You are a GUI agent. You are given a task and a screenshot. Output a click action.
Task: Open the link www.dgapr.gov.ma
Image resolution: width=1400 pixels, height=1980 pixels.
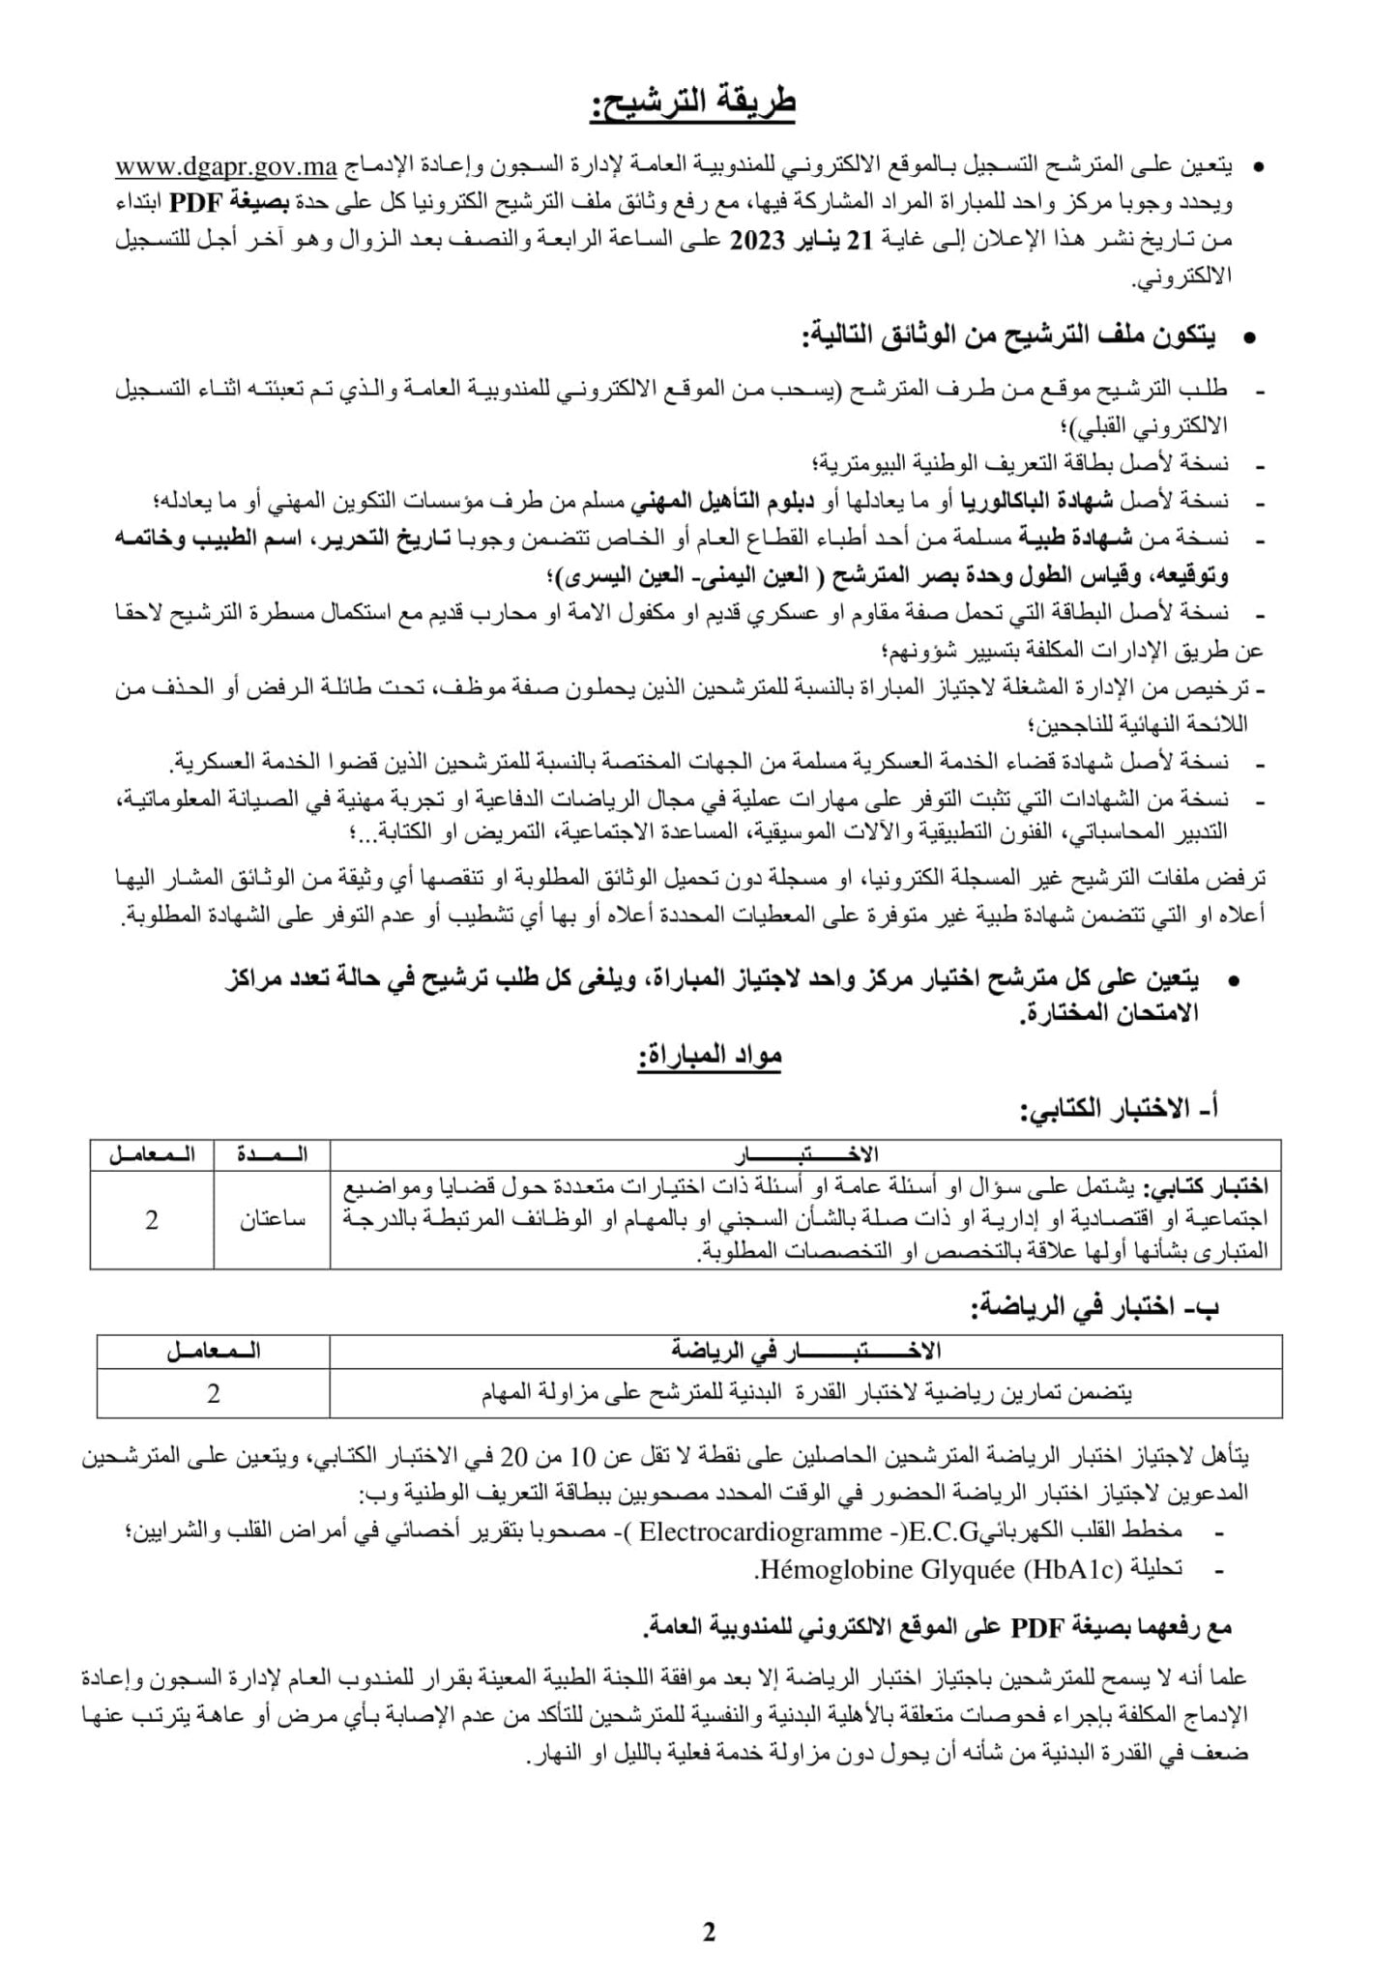click(225, 167)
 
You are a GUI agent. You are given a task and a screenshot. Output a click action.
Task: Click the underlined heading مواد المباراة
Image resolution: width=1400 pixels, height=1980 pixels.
click(709, 1058)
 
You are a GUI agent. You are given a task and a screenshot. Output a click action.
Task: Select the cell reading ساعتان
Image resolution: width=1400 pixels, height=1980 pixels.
click(273, 1220)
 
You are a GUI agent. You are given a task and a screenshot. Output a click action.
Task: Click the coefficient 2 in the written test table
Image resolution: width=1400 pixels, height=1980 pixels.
click(152, 1220)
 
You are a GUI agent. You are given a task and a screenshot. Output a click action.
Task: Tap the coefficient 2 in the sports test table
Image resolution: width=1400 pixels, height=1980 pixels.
click(214, 1393)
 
